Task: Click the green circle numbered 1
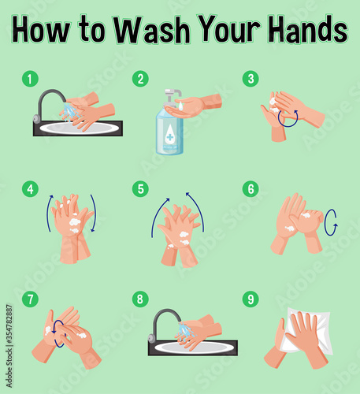pos(30,79)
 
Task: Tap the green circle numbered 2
pos(140,79)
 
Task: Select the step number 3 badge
pos(251,79)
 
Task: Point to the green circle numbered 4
pos(30,189)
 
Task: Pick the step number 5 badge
pos(140,189)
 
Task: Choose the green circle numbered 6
pos(251,189)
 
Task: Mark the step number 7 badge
pos(30,299)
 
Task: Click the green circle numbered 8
pos(140,299)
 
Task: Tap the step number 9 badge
pos(251,299)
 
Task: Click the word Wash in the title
pos(152,30)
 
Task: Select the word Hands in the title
pos(307,29)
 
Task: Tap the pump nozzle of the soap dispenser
pos(173,92)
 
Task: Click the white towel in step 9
pos(306,332)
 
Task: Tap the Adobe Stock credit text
pos(9,346)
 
